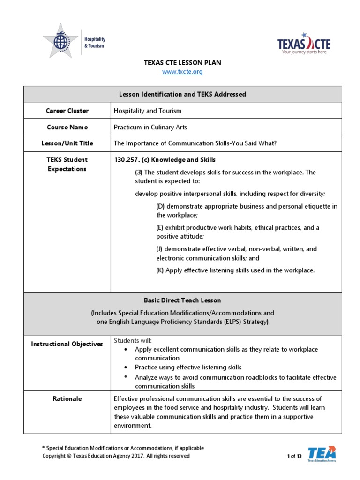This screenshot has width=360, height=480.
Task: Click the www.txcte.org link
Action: click(x=182, y=72)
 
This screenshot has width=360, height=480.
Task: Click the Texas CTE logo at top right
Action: click(x=304, y=44)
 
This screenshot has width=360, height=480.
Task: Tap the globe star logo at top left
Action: click(x=60, y=41)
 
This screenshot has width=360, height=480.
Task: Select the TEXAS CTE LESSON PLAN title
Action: click(x=182, y=62)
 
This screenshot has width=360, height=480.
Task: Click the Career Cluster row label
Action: click(x=67, y=111)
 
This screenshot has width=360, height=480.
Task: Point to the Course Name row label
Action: click(x=67, y=127)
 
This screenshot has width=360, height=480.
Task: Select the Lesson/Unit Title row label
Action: click(x=67, y=143)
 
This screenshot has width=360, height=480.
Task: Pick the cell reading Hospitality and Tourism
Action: click(x=148, y=111)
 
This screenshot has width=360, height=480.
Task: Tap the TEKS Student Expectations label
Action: click(x=67, y=164)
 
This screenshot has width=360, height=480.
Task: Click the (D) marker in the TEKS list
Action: click(x=160, y=206)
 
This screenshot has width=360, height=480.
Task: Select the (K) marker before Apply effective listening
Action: click(x=160, y=270)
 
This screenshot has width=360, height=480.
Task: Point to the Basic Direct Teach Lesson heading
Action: click(x=182, y=300)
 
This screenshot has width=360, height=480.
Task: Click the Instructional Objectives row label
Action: click(x=67, y=344)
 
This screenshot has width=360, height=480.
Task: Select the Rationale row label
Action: click(x=67, y=398)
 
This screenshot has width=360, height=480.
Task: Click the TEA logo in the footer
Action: click(x=322, y=454)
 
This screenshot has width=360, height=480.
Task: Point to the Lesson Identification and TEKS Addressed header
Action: click(x=182, y=94)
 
